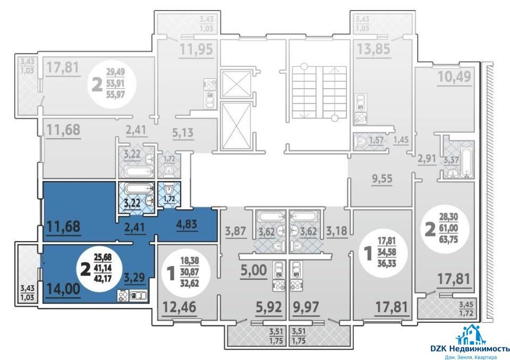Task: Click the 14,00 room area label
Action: point(63,288)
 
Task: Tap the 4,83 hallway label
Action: point(187,224)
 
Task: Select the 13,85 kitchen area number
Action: point(373,49)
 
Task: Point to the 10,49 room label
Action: point(454,77)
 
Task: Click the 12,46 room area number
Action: point(180,307)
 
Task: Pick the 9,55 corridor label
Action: point(382,178)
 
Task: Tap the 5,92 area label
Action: point(268,307)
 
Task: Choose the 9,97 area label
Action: point(306,307)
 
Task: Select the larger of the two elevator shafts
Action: point(236,125)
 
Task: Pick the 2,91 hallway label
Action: point(427,159)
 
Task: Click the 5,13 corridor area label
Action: point(183,133)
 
